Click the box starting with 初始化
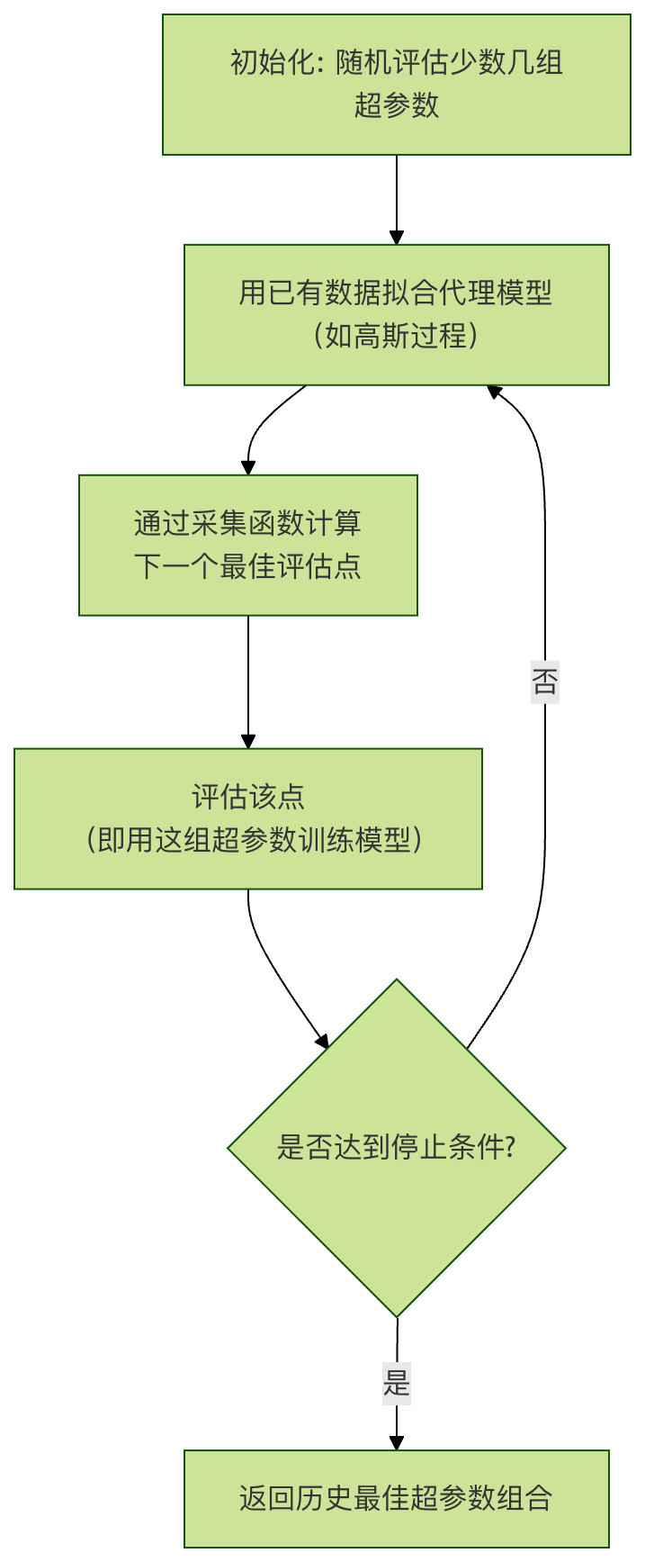(x=396, y=85)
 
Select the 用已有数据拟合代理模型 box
(x=396, y=314)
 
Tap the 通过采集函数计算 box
(x=247, y=545)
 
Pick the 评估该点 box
(x=247, y=818)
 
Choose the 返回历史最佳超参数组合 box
(x=396, y=1498)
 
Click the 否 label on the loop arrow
(x=544, y=682)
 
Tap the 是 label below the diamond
(x=396, y=1382)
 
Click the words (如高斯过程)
(x=396, y=336)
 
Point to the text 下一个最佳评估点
(x=247, y=566)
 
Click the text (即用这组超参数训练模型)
(x=255, y=840)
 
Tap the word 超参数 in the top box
(x=396, y=105)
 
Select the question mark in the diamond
(x=509, y=1147)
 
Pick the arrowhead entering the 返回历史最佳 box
(x=396, y=1442)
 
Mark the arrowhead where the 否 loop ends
(x=494, y=392)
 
